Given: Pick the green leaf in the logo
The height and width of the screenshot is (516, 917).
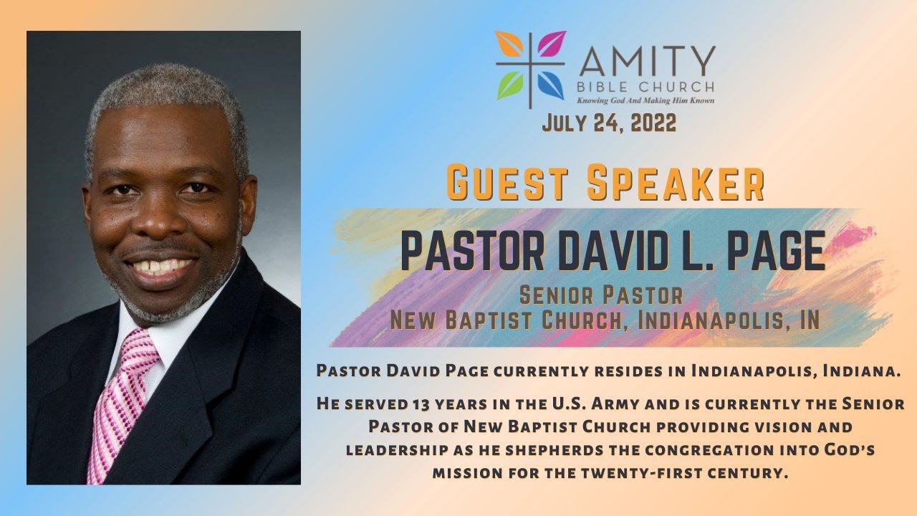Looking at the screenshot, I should click(511, 85).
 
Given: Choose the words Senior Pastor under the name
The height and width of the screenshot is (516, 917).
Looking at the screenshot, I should click(600, 295).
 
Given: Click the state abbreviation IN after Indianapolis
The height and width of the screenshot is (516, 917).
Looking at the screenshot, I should click(810, 319).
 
